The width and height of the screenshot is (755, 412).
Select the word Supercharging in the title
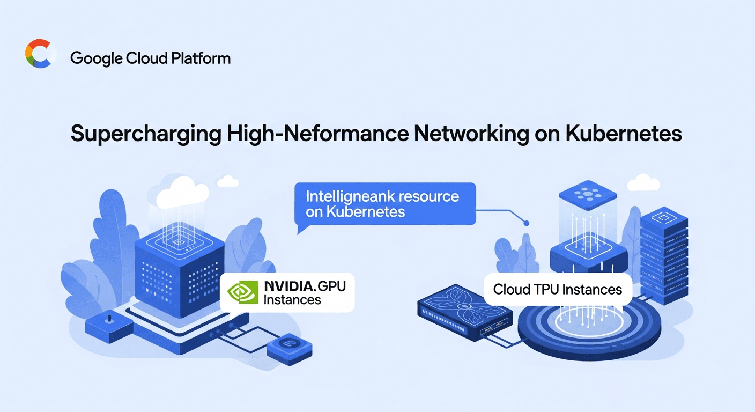click(x=145, y=134)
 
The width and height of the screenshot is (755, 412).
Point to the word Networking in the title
click(x=467, y=134)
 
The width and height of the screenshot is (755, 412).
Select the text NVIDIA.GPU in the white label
click(x=305, y=286)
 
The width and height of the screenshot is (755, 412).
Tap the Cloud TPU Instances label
click(x=558, y=290)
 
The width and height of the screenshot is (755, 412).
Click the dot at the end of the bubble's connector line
click(x=527, y=223)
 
